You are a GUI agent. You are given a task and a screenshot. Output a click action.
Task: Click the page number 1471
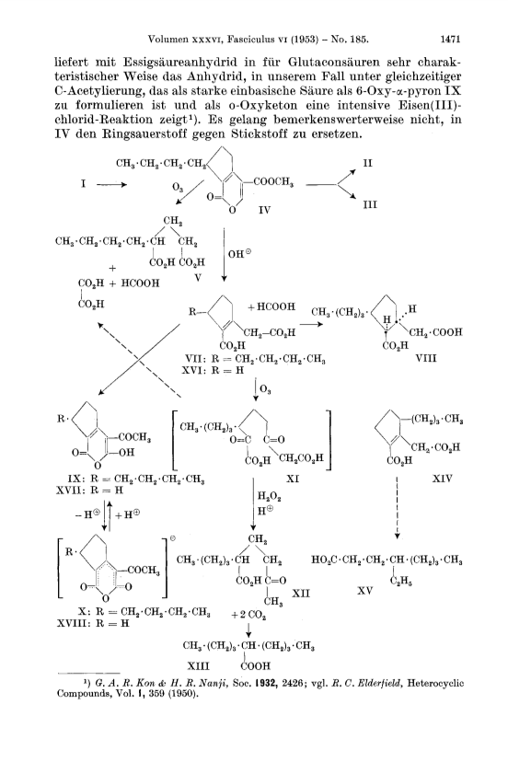tap(450, 39)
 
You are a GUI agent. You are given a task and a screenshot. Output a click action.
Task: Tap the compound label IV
tap(265, 211)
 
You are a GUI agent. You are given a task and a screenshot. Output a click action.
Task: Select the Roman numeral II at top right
tap(368, 163)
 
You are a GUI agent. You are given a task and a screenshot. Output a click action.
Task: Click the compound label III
tap(370, 204)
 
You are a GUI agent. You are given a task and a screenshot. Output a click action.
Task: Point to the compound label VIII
tap(426, 358)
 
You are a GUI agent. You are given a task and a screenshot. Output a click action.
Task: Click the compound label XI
tap(293, 479)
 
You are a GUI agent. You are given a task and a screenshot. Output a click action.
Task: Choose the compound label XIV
tap(442, 479)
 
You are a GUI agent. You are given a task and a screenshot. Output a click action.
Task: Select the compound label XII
tap(301, 593)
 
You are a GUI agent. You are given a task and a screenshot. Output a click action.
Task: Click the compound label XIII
tap(199, 666)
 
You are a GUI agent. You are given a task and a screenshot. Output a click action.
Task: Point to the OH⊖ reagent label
tap(240, 254)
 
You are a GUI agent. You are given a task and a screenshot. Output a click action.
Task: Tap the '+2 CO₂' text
tap(249, 616)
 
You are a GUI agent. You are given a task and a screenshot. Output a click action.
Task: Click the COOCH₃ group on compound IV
tap(273, 182)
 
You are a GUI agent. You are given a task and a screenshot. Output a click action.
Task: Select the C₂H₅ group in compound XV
tap(401, 582)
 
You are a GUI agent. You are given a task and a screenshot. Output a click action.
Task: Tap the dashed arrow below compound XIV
tap(397, 508)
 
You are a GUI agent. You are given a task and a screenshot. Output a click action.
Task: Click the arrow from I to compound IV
tap(111, 184)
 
